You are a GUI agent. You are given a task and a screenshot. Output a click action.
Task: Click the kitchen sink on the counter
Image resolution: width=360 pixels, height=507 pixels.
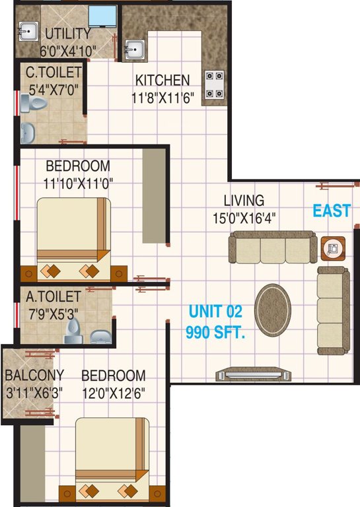click(133, 50)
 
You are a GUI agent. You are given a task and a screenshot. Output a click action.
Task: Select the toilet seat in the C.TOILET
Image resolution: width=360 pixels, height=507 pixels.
click(32, 102)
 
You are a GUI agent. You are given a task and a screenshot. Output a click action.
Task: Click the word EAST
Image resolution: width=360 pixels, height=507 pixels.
click(332, 211)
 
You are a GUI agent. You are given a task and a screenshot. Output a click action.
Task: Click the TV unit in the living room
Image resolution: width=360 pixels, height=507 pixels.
click(253, 374)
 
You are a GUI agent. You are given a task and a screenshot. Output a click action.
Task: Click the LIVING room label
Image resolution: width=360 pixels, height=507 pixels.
click(243, 200)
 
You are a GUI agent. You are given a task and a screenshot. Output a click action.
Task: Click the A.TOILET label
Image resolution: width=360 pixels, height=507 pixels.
click(54, 298)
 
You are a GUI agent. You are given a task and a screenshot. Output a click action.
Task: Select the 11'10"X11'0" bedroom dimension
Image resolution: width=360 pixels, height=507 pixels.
click(83, 183)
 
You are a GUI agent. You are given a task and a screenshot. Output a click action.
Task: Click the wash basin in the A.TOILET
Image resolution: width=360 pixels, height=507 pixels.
click(100, 336)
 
